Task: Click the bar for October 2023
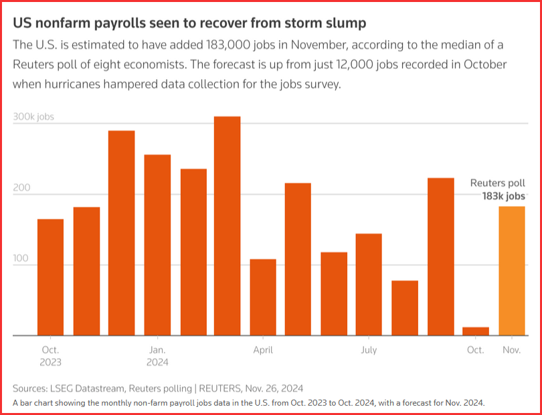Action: click(50, 277)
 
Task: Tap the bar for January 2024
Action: click(157, 245)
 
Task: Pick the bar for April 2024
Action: click(263, 297)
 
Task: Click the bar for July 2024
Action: click(369, 284)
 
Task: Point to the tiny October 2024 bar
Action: click(476, 331)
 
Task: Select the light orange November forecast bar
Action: click(512, 270)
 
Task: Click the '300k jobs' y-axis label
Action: click(33, 116)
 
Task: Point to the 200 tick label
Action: click(21, 187)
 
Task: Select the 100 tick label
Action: click(21, 258)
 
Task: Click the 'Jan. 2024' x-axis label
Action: click(157, 356)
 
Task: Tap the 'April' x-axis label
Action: click(263, 350)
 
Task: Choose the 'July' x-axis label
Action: click(369, 350)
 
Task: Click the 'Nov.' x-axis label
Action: click(512, 350)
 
